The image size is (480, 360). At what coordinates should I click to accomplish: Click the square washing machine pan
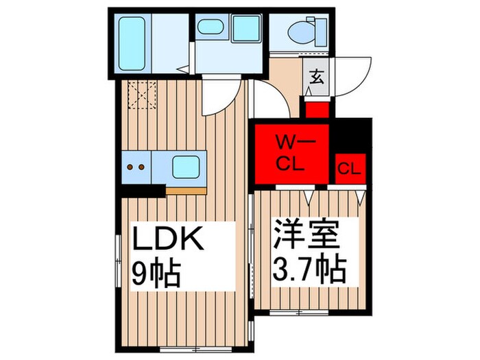[x=244, y=29]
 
